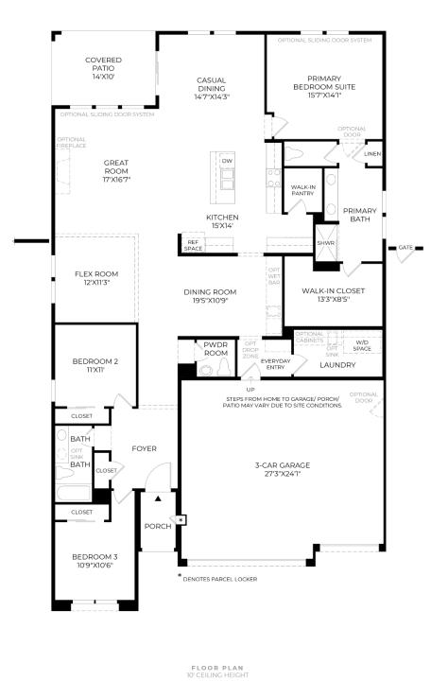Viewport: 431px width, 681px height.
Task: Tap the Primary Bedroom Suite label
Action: (324, 88)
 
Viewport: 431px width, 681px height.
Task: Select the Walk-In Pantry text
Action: (303, 190)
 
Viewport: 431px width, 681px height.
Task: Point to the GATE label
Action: (405, 248)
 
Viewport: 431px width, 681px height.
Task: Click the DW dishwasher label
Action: (227, 162)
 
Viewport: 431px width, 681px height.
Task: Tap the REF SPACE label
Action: (194, 245)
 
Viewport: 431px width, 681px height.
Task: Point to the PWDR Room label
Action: (216, 349)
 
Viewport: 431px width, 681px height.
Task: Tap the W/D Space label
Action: (362, 345)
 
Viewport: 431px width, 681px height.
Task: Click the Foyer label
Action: (144, 448)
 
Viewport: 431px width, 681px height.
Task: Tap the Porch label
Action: (157, 526)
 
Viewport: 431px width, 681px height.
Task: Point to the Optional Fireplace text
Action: (71, 143)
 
